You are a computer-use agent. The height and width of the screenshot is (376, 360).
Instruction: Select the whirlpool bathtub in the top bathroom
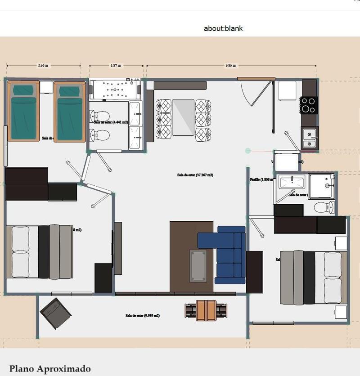point(115,90)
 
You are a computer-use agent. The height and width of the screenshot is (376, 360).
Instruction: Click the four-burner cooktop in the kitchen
point(309,105)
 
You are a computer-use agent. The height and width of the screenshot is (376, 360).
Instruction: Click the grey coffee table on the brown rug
point(198,265)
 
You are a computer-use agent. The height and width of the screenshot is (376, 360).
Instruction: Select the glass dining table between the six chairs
point(183,117)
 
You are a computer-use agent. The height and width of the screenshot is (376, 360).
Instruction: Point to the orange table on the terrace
point(207,311)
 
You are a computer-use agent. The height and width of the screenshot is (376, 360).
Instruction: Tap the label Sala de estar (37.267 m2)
point(195,175)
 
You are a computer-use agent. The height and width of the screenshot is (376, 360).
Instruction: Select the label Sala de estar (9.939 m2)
point(143,316)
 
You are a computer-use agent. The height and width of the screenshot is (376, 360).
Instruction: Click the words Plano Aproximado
point(50,369)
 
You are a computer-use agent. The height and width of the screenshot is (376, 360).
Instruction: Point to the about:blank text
point(223,28)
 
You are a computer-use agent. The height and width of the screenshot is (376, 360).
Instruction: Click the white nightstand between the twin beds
point(46,87)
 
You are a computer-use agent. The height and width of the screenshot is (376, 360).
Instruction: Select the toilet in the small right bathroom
point(324,207)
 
